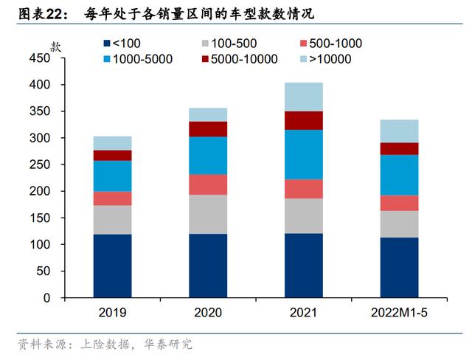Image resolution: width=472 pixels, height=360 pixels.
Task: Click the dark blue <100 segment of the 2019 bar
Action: click(112, 266)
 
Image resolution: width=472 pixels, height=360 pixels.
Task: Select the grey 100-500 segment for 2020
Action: click(207, 214)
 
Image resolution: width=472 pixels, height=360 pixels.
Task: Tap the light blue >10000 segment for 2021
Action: click(304, 97)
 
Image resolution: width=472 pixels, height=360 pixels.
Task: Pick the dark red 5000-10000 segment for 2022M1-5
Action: click(399, 148)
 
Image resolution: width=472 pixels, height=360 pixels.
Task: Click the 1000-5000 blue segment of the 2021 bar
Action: click(304, 154)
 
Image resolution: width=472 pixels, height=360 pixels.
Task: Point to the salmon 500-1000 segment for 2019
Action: click(112, 198)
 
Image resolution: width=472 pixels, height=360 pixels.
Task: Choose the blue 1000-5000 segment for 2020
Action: click(207, 155)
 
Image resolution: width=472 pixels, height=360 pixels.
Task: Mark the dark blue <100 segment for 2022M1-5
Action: click(399, 267)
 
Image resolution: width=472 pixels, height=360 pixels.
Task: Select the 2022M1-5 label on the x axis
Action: click(399, 313)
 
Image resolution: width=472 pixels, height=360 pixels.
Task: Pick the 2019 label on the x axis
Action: click(112, 313)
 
